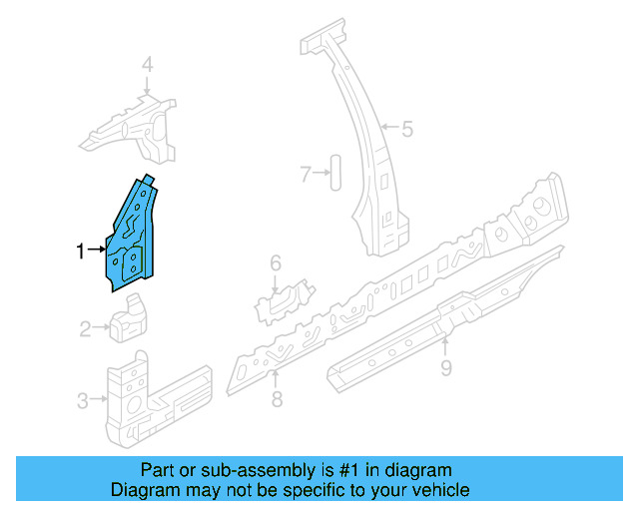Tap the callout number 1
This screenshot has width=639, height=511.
[x=82, y=252]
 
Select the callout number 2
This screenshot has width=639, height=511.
[x=86, y=326]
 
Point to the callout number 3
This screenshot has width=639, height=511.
[x=82, y=401]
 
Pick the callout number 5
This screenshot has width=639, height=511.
[x=406, y=127]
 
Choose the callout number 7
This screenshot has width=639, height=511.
[x=307, y=174]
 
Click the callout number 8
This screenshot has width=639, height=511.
[x=277, y=399]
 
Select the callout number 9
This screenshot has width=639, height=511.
[x=447, y=369]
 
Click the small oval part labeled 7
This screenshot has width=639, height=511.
[x=334, y=173]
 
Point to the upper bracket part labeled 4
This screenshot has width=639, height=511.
[x=140, y=128]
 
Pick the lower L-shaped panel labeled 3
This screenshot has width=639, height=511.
[x=140, y=399]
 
